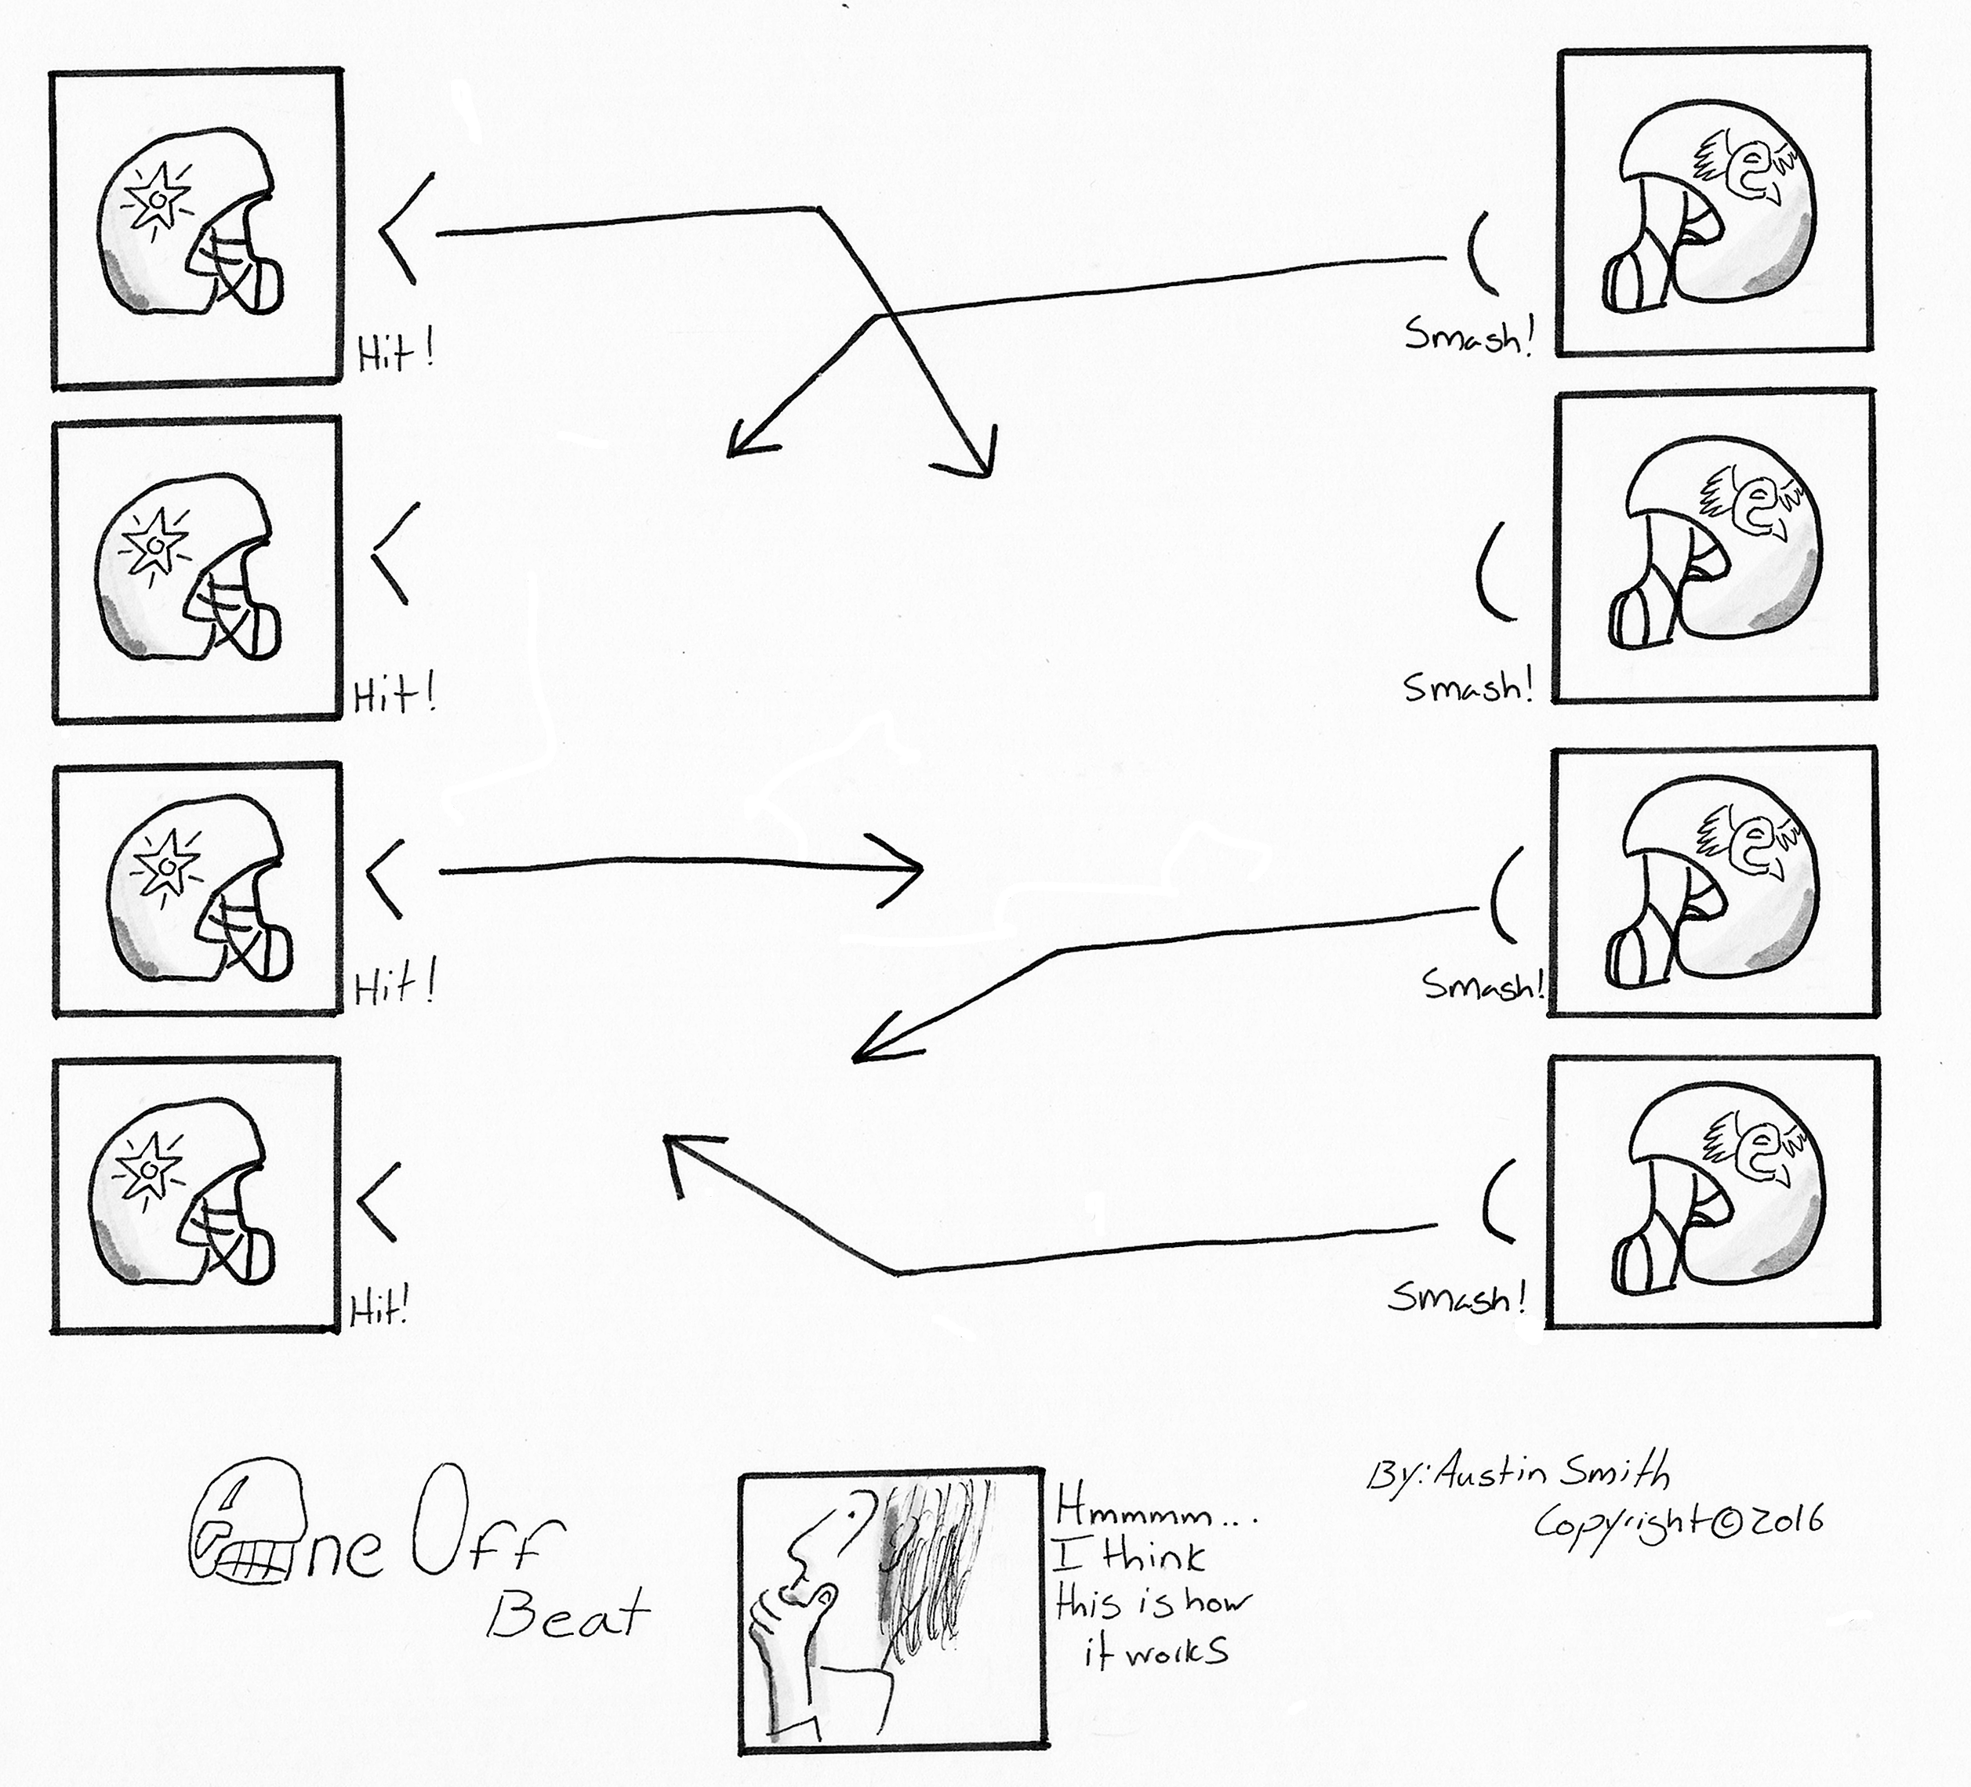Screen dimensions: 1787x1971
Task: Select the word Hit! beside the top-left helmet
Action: pos(395,354)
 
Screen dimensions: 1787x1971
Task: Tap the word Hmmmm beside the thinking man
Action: pos(1134,1514)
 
